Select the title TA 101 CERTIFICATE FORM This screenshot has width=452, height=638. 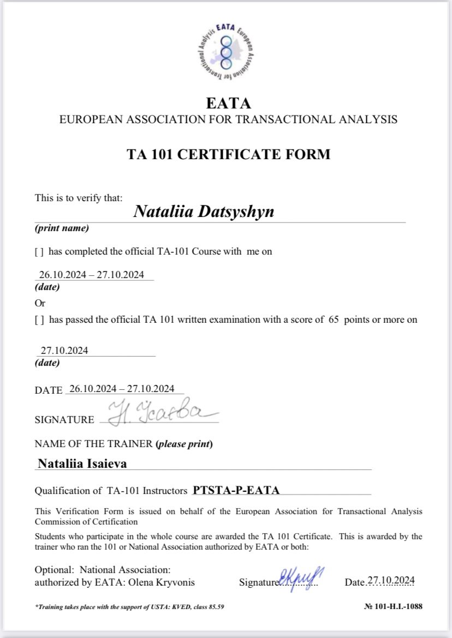[x=228, y=154]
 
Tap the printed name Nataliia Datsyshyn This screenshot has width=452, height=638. [x=204, y=211]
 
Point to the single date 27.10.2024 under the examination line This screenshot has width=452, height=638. [x=64, y=351]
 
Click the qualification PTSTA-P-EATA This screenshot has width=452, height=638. [x=236, y=490]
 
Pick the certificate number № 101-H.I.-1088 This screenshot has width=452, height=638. [x=393, y=606]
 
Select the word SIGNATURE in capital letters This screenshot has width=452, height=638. [x=64, y=420]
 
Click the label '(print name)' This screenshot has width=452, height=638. [x=61, y=228]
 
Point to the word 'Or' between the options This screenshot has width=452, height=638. [x=40, y=303]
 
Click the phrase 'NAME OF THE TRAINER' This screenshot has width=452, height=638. [x=93, y=444]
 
